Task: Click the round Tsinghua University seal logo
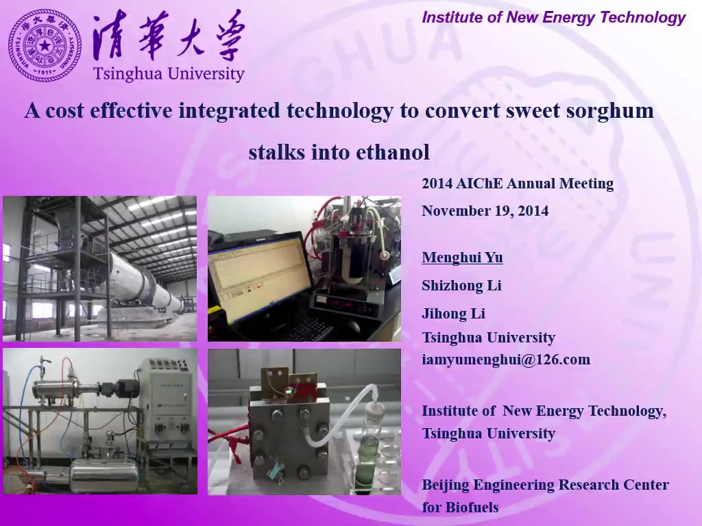[45, 45]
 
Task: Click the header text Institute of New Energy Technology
[553, 17]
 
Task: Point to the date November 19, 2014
[485, 211]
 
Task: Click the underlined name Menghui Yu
[462, 258]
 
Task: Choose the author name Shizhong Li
[461, 286]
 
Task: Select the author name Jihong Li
[454, 314]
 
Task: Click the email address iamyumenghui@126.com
[506, 360]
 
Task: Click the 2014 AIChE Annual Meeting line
[518, 184]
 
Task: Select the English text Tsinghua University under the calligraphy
[169, 74]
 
